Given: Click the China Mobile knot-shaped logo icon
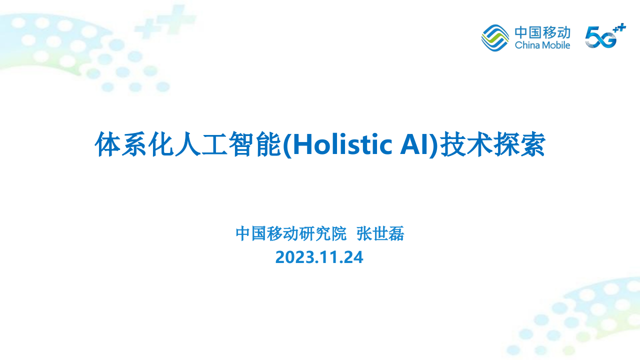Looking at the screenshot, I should point(495,37).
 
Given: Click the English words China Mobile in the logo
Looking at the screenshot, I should point(542,45).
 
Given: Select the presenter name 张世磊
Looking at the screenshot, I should point(380,233).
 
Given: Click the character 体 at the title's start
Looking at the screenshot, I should point(106,145).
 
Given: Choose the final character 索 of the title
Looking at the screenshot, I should point(534,145).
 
